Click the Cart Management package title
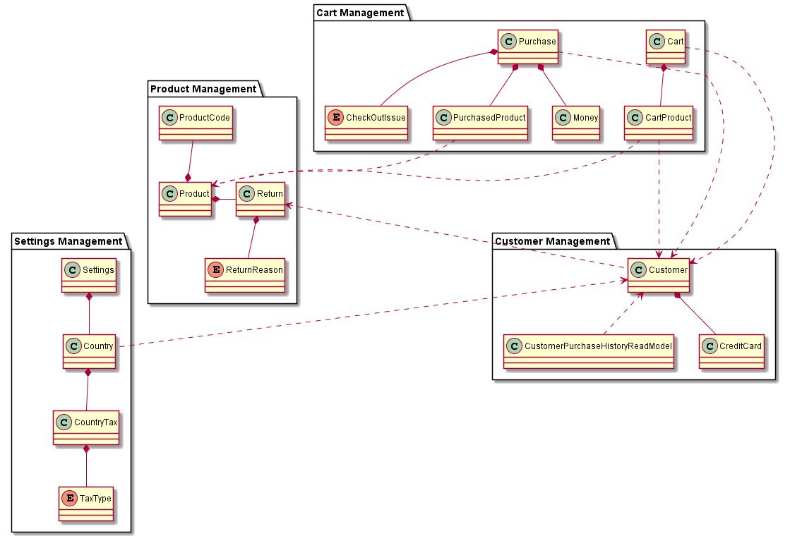360,13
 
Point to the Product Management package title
203,89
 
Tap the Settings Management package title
68,241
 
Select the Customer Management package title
553,241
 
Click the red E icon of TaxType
69,499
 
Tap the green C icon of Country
73,346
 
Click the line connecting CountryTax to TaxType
86,465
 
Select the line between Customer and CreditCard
697,313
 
